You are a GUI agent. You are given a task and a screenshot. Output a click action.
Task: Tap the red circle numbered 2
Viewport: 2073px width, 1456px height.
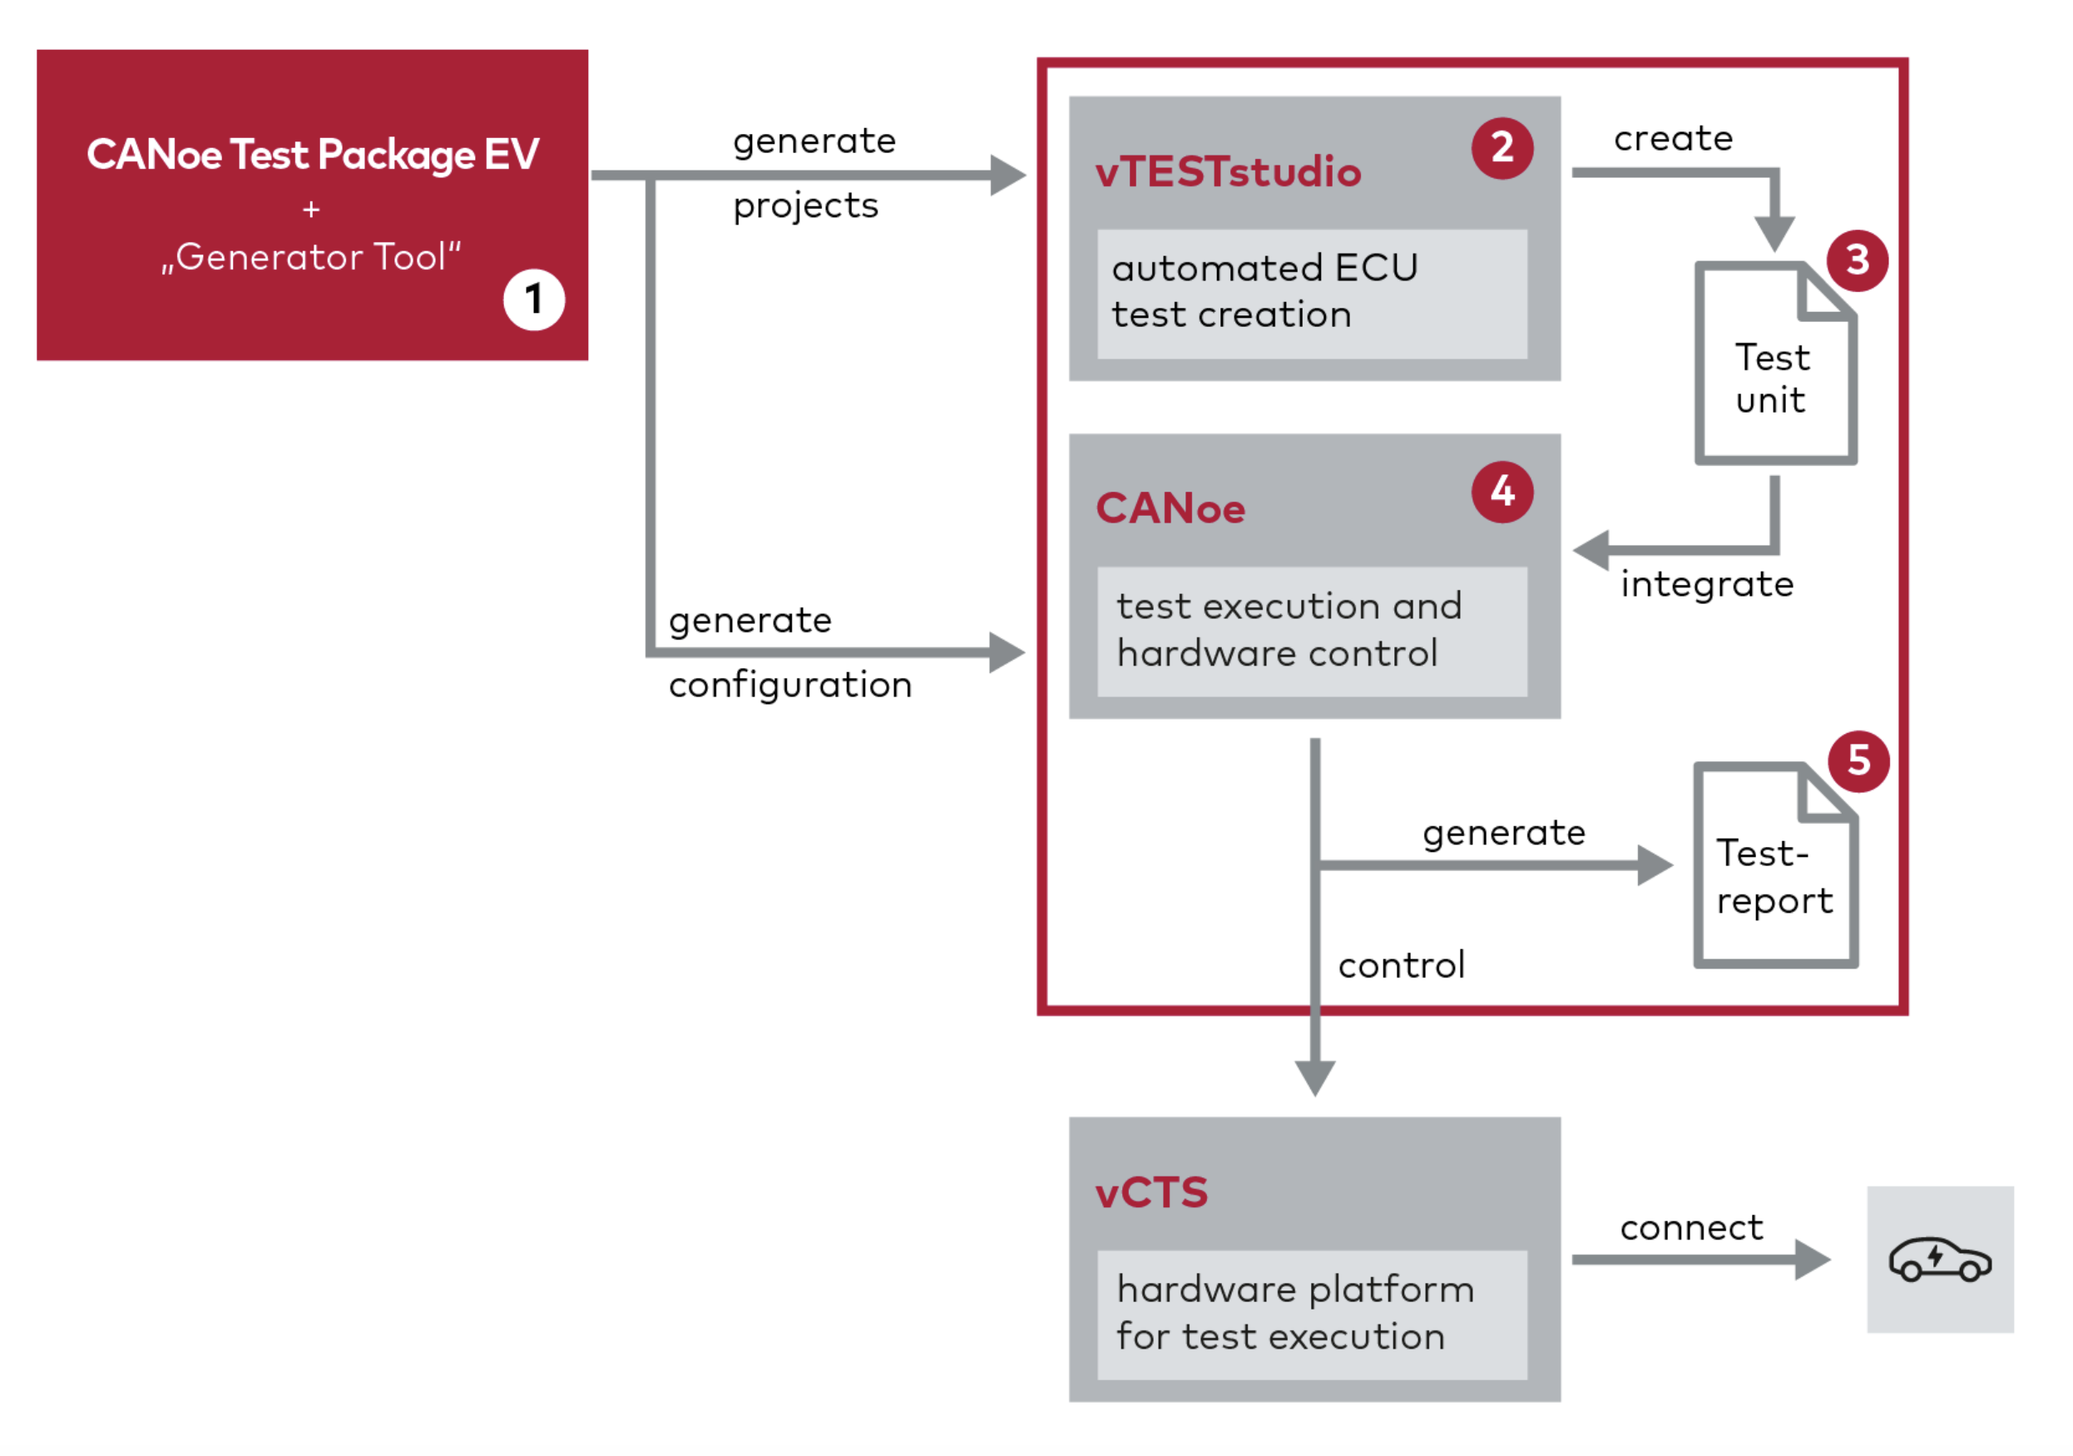pyautogui.click(x=1502, y=148)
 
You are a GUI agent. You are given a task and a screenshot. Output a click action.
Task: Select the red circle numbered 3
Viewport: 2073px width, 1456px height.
pyautogui.click(x=1857, y=260)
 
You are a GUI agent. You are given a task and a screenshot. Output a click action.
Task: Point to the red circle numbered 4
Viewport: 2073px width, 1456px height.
pyautogui.click(x=1502, y=493)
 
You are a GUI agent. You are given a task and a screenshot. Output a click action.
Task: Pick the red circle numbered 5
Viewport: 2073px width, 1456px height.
pyautogui.click(x=1858, y=760)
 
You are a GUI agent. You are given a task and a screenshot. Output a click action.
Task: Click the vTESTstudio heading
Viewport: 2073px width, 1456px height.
pyautogui.click(x=1227, y=171)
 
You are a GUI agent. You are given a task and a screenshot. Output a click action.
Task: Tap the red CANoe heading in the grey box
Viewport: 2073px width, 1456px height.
pyautogui.click(x=1170, y=508)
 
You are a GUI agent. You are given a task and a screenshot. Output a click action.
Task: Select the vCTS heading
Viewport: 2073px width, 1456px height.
pyautogui.click(x=1151, y=1192)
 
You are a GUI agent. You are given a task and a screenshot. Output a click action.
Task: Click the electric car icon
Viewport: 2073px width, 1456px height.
pyautogui.click(x=1939, y=1259)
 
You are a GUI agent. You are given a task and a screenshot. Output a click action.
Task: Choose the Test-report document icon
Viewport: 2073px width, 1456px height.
pyautogui.click(x=1774, y=865)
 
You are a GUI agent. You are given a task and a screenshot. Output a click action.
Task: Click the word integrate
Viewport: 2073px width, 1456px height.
pyautogui.click(x=1706, y=584)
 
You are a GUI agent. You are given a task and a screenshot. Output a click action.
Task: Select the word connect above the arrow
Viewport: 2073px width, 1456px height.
pyautogui.click(x=1690, y=1227)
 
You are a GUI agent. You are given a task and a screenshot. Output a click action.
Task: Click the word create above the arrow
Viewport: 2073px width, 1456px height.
pyautogui.click(x=1673, y=138)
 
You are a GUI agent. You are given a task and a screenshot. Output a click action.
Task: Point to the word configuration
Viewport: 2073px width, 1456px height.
pyautogui.click(x=790, y=685)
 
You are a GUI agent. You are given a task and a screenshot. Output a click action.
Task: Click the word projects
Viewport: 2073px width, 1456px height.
pyautogui.click(x=805, y=206)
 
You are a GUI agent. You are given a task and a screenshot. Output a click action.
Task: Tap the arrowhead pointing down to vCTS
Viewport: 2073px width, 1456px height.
pyautogui.click(x=1314, y=1077)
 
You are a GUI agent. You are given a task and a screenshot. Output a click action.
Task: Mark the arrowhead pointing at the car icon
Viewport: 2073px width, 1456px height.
pyautogui.click(x=1811, y=1259)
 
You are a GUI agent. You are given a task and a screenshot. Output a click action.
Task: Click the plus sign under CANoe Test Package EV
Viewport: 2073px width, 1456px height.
pyautogui.click(x=311, y=210)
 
